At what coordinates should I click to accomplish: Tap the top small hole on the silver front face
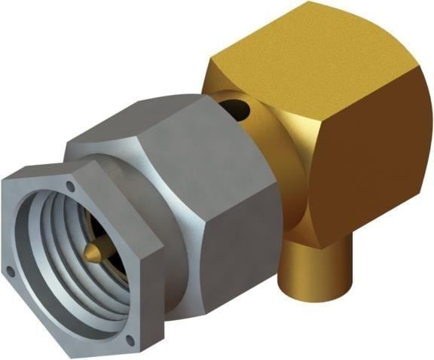tap(70, 185)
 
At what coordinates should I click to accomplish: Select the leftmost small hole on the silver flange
tap(10, 269)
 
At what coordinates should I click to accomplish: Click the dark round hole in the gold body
tap(237, 108)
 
